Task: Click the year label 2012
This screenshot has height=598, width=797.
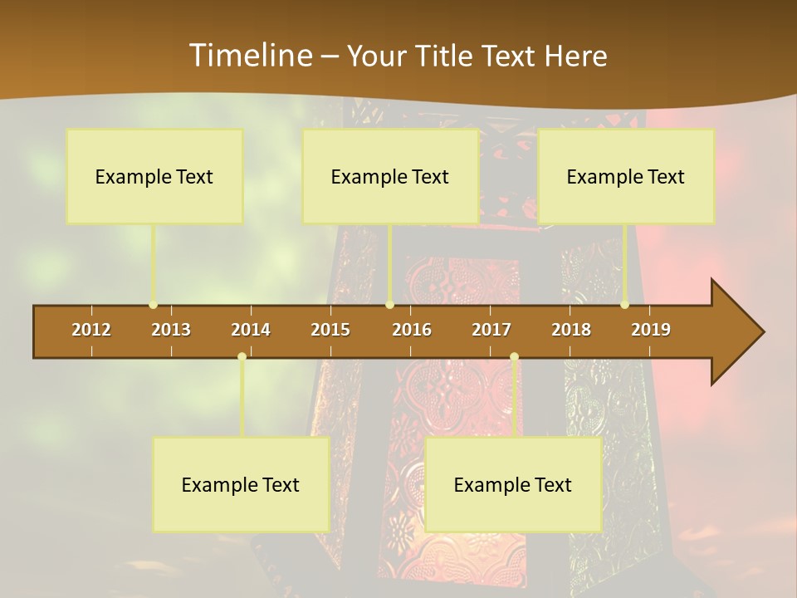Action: point(91,330)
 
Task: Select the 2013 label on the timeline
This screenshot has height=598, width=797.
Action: point(171,330)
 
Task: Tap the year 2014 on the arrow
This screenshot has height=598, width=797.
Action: point(251,330)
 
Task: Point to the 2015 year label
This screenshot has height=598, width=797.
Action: point(330,330)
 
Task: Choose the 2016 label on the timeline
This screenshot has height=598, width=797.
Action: point(412,330)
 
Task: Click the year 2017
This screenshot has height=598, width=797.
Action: point(491,330)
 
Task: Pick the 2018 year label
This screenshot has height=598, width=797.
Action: point(571,330)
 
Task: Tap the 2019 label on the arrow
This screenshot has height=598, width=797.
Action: point(651,330)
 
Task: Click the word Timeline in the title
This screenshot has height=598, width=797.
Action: point(249,56)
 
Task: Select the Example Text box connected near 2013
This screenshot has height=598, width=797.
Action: point(154,177)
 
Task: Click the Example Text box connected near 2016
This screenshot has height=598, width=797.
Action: point(390,177)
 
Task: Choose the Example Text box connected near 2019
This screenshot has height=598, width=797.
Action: point(626,177)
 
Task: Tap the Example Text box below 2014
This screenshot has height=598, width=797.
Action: point(241,485)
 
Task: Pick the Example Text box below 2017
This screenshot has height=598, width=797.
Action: point(513,485)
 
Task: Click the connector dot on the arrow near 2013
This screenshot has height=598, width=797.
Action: point(153,305)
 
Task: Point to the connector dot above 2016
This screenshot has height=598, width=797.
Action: point(389,305)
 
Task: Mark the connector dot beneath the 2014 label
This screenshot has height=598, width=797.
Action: point(242,357)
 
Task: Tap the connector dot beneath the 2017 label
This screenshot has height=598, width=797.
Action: point(514,357)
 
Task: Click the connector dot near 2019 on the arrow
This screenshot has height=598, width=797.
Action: point(624,305)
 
